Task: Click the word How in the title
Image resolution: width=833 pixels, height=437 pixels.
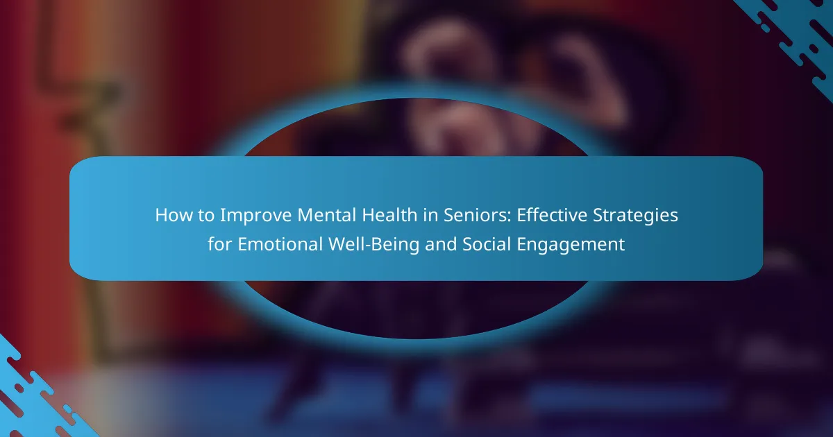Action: (x=174, y=215)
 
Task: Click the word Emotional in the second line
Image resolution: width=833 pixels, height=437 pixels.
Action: (x=280, y=244)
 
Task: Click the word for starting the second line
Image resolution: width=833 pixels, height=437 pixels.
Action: (x=219, y=243)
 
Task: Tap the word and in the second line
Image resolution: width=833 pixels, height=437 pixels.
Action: (x=441, y=243)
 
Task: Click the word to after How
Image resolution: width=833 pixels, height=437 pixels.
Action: (x=206, y=216)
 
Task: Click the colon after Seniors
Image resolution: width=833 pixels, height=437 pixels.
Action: (x=509, y=217)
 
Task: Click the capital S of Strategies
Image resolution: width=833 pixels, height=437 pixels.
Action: (x=598, y=215)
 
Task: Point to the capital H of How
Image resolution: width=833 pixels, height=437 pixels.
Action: (x=162, y=215)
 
